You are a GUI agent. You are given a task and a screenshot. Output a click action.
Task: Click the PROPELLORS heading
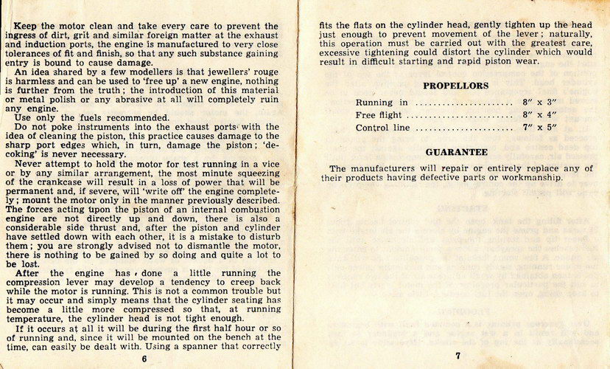[455, 86]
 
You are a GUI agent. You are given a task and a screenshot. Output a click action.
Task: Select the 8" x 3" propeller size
[535, 103]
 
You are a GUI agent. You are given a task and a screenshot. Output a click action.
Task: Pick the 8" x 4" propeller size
[535, 115]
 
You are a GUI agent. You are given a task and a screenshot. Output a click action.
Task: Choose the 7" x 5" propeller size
[536, 128]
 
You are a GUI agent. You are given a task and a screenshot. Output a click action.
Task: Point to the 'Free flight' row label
[379, 115]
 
